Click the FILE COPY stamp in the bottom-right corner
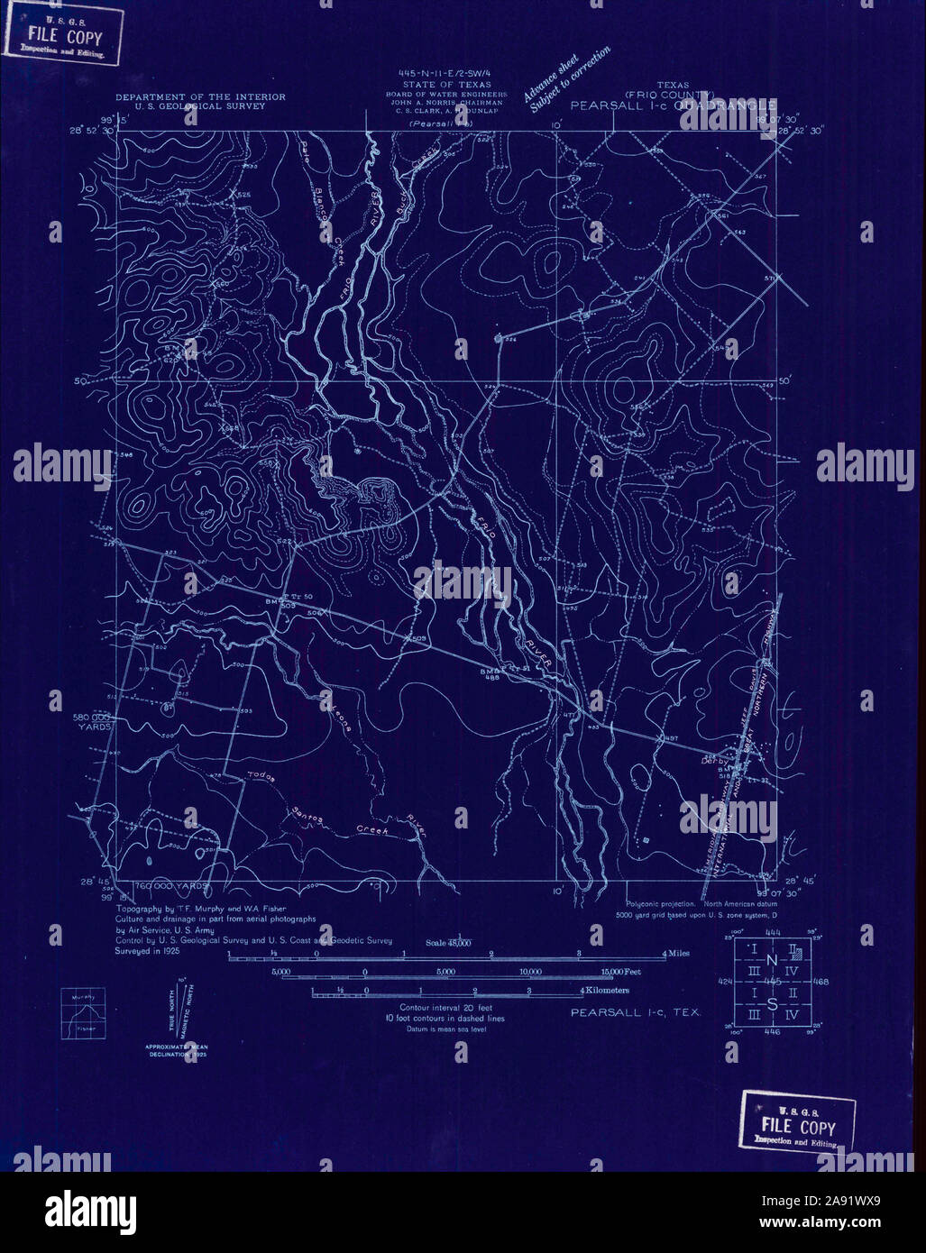(798, 1122)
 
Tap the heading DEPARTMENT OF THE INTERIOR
(199, 96)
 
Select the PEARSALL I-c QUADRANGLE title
(673, 105)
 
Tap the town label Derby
(714, 761)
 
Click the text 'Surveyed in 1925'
(151, 950)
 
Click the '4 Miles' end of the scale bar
(676, 953)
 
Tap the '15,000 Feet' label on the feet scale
(620, 972)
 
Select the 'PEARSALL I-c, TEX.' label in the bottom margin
(635, 1012)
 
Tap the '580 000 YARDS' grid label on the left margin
(94, 721)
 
